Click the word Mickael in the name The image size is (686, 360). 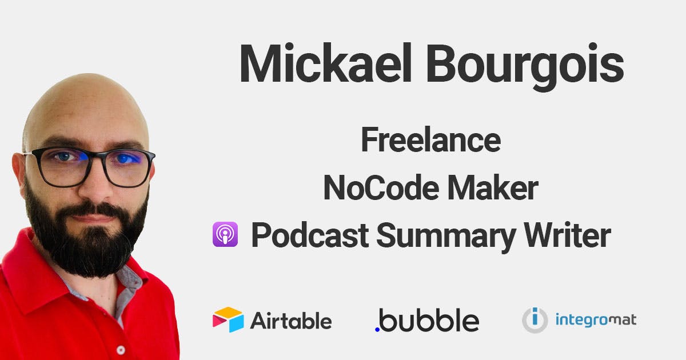pos(325,63)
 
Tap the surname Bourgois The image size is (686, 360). pos(525,67)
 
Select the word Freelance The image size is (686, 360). pos(431,139)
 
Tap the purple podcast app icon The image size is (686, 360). pos(225,234)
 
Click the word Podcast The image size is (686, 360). pos(310,235)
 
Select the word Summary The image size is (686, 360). pos(446,237)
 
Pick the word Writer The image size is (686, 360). pos(568,234)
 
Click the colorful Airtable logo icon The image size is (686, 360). pos(228,319)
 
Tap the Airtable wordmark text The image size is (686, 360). pos(291,321)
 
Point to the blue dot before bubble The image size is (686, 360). pos(377,329)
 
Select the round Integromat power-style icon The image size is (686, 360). pos(535,320)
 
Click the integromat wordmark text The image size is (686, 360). pos(596,320)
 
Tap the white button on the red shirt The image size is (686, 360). pos(121,350)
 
